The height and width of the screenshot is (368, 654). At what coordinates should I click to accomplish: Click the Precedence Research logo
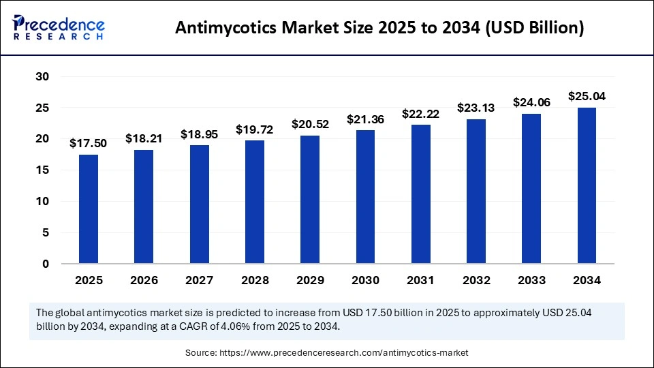pos(59,27)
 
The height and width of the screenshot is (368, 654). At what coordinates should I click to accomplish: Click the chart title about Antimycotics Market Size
pos(379,28)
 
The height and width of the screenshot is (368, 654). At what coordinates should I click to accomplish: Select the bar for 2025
pos(89,209)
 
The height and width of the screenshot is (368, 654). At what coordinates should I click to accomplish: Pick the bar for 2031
pos(421,194)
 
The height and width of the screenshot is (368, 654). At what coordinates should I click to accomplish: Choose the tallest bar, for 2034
pos(587,185)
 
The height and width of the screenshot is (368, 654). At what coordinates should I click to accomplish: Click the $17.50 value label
pos(89,143)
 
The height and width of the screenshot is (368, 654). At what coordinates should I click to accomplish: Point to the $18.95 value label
pos(199,135)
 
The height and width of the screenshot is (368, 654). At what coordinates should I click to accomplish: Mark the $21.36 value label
pos(365,119)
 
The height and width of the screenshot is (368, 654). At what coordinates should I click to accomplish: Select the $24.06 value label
pos(531,103)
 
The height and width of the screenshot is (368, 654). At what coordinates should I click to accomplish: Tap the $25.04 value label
pos(587,97)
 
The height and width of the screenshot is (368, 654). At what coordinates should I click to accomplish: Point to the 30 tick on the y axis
pos(42,77)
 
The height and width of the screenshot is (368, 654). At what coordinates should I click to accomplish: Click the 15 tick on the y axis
pos(42,170)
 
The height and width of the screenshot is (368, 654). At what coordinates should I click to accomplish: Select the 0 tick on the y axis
pos(45,264)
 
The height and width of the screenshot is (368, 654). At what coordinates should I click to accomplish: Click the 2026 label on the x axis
pos(144,280)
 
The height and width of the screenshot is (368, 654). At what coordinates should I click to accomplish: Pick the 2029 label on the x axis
pos(310,280)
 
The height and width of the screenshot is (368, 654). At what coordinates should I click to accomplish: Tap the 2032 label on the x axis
pos(476,280)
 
